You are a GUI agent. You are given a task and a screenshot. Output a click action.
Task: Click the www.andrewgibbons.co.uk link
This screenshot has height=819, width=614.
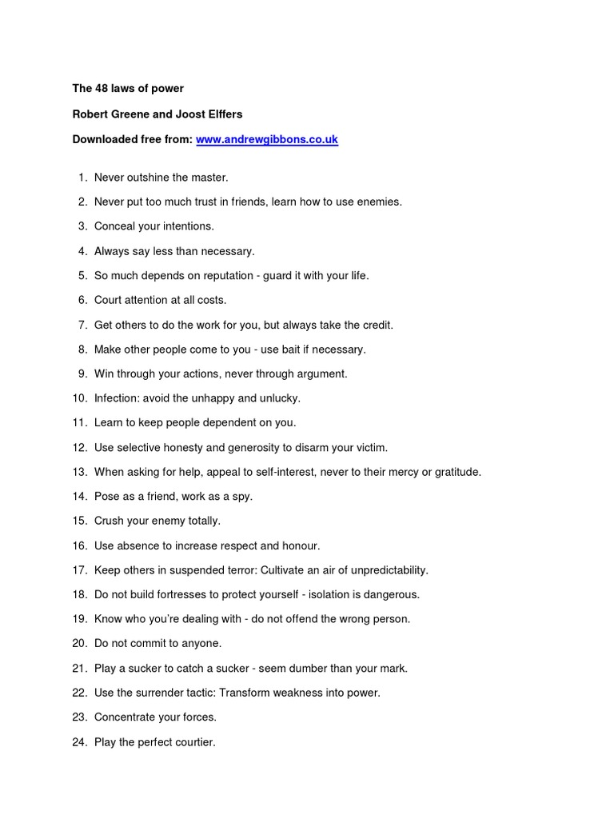coord(267,139)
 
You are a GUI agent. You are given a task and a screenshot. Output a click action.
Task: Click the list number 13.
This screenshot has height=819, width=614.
coord(79,472)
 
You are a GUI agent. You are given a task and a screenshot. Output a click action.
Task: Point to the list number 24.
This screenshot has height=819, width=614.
coord(79,742)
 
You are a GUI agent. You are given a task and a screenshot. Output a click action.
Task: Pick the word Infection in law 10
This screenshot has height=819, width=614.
coord(117,398)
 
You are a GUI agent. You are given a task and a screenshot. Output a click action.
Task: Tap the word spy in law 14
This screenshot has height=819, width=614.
coord(241,497)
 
